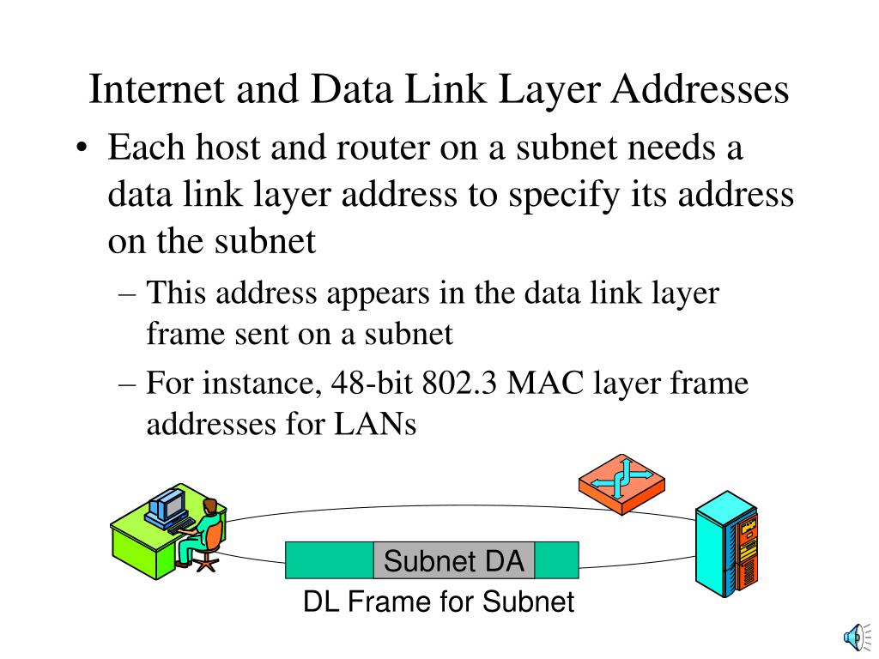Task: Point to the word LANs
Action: click(x=375, y=424)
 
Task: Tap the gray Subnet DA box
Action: click(x=454, y=561)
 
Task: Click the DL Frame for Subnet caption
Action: click(x=438, y=602)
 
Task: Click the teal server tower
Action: click(x=725, y=545)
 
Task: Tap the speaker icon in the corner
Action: click(x=853, y=636)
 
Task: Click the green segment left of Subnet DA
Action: click(x=330, y=561)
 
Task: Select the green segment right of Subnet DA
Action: click(x=557, y=561)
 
